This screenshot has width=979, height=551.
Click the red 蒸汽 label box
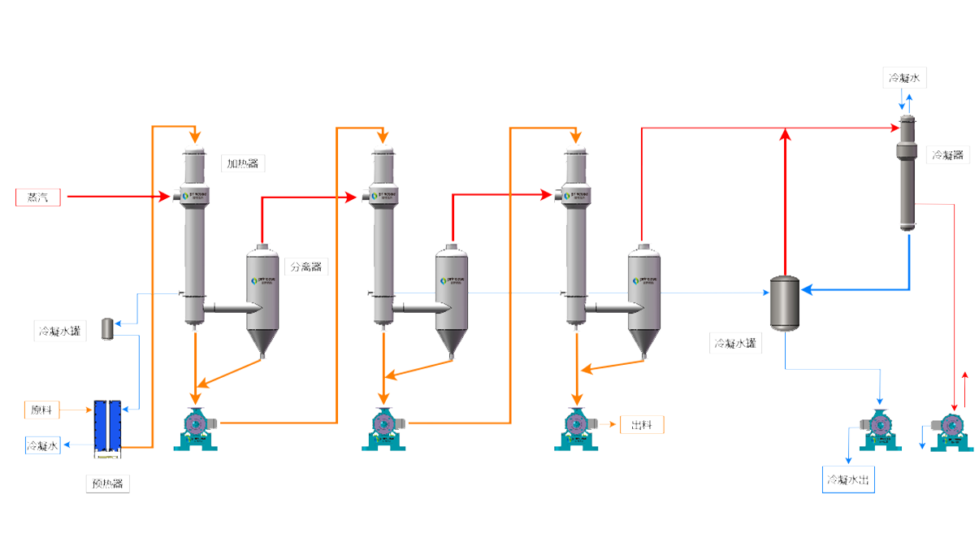pos(37,197)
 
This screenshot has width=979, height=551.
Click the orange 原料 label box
pos(42,410)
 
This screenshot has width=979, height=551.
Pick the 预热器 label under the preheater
pos(107,484)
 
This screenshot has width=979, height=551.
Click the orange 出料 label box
pos(642,425)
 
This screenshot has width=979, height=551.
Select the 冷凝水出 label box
pos(848,480)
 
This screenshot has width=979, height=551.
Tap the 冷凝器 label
pos(947,154)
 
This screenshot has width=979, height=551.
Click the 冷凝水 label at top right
pos(904,79)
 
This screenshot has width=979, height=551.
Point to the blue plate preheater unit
pos(107,426)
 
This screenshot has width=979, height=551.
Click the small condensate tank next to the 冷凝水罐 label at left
pos(107,329)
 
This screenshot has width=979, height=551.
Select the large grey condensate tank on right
pos(784,303)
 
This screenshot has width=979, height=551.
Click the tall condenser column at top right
pos(908,175)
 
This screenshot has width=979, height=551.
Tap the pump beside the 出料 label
pos(578,428)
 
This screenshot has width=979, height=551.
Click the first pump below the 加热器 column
pos(197,428)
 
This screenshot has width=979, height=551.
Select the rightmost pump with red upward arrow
pos(951,429)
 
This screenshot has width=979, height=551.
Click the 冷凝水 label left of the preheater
pos(42,446)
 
